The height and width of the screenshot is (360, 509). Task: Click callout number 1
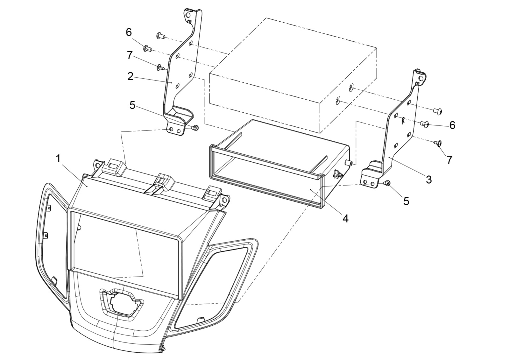tap(58, 158)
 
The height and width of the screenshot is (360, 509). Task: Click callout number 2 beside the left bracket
tap(130, 76)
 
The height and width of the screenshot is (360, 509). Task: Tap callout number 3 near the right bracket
tap(429, 180)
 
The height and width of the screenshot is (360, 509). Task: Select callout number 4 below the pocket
tap(345, 218)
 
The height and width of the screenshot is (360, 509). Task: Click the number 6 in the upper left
tap(129, 32)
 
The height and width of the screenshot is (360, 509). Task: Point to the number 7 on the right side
tap(449, 160)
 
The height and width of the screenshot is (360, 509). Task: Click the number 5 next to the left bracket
tap(132, 105)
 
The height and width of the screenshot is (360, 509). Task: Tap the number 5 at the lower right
tap(406, 201)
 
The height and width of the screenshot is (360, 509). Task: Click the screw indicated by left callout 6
tap(148, 48)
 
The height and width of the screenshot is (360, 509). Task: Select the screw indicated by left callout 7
tap(160, 67)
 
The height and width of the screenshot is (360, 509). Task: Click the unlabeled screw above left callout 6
tap(161, 36)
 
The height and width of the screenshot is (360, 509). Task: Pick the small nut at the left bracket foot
tap(196, 128)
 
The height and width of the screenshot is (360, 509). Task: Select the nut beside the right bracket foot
tap(387, 183)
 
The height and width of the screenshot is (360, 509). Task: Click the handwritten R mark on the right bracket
tap(403, 120)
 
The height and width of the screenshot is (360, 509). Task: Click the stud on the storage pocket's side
tap(349, 163)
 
